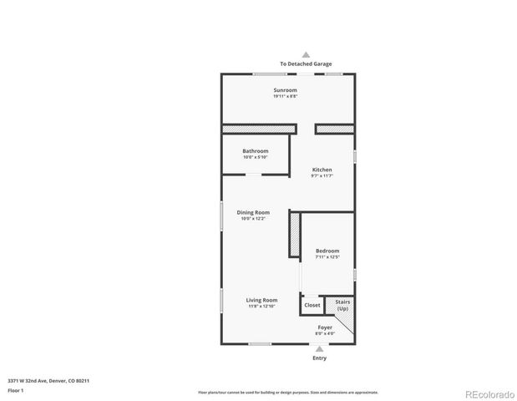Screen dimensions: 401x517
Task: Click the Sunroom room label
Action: pos(285,89)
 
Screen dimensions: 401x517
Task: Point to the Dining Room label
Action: pos(252,212)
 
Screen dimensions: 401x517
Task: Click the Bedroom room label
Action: pos(327,251)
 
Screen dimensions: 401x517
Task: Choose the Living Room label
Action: pos(261,300)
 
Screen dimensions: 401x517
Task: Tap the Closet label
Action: pos(312,305)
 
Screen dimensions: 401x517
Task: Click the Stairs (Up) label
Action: pos(342,305)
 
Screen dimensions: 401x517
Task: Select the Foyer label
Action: pos(324,327)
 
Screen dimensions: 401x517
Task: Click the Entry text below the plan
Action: pos(319,358)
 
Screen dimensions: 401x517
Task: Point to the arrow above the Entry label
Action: pos(319,348)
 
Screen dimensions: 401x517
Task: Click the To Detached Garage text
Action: pos(305,63)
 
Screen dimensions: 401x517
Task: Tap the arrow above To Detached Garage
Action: pos(305,53)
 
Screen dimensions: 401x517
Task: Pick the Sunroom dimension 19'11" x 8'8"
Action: pos(285,96)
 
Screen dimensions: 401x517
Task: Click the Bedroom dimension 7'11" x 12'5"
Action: pos(327,257)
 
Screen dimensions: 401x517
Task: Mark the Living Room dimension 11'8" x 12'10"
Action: pos(261,307)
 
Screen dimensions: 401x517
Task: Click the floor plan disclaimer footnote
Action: pos(287,392)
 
